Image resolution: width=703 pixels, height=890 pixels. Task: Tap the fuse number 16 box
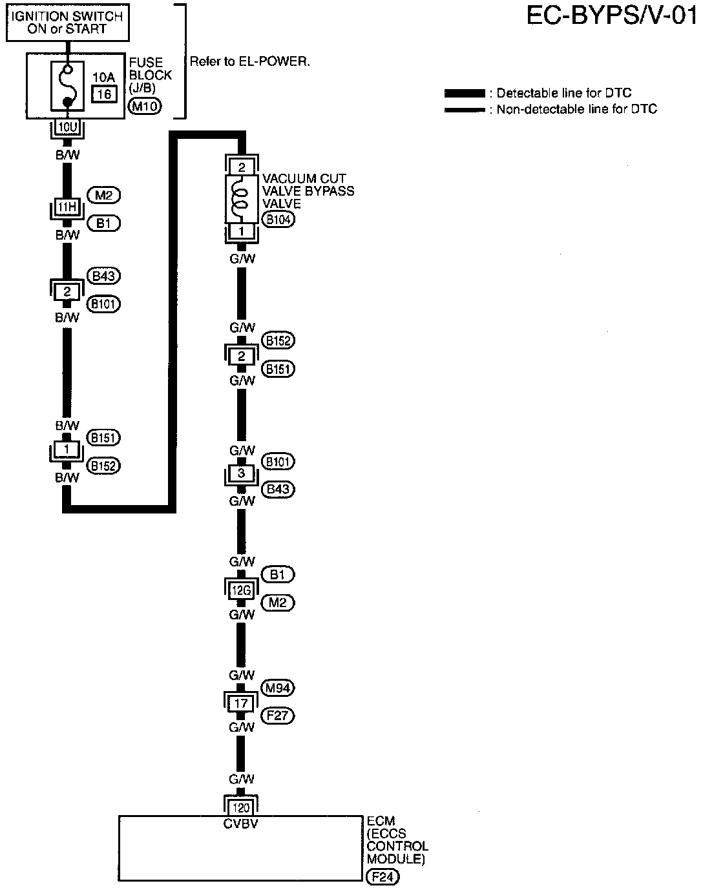click(x=103, y=94)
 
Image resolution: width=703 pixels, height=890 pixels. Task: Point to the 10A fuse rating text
click(x=103, y=78)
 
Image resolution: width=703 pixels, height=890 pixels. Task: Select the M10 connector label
click(x=145, y=107)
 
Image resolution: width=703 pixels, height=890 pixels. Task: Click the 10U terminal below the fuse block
click(x=67, y=127)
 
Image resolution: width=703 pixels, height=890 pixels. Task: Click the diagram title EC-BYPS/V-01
click(x=612, y=16)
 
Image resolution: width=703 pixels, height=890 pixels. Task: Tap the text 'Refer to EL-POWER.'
click(x=250, y=62)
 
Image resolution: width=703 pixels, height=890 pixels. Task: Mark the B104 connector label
click(x=278, y=220)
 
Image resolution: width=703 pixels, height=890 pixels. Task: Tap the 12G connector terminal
click(x=241, y=588)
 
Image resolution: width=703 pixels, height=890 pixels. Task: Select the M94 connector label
click(x=278, y=688)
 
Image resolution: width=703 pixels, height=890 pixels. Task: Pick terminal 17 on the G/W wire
click(x=241, y=702)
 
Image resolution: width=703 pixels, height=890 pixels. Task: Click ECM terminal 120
click(x=241, y=807)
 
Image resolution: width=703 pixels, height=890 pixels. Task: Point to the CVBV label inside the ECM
click(x=241, y=823)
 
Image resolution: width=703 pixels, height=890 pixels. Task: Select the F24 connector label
click(x=383, y=876)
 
